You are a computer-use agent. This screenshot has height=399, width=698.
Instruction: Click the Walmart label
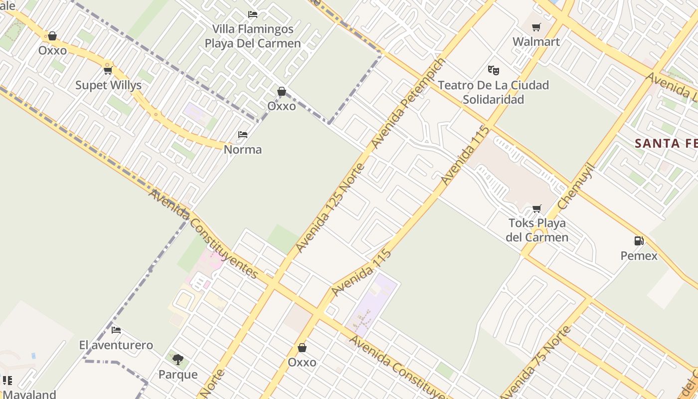tap(536, 42)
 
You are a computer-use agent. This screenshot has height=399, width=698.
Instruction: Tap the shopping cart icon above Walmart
tap(536, 27)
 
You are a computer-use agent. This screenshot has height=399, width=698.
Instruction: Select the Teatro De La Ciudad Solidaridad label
tap(493, 92)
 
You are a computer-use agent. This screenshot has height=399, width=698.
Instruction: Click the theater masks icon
tap(494, 70)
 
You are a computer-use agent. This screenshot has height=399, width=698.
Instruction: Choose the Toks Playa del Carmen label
tap(537, 230)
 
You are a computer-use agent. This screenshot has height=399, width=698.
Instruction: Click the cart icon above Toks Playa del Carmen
tap(537, 208)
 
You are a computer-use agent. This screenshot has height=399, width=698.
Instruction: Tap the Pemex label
tap(639, 256)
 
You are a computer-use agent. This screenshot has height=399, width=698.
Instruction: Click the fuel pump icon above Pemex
tap(639, 241)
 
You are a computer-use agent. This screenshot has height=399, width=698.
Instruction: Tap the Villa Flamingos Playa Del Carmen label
tap(253, 36)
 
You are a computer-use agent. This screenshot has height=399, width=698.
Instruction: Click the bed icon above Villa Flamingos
tap(253, 14)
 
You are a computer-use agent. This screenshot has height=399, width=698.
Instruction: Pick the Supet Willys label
tap(108, 85)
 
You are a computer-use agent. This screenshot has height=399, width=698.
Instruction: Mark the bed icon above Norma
tap(243, 135)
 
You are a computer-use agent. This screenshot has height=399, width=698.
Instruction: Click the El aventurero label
tap(116, 345)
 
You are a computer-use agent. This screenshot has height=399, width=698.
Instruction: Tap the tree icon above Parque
tap(178, 359)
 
